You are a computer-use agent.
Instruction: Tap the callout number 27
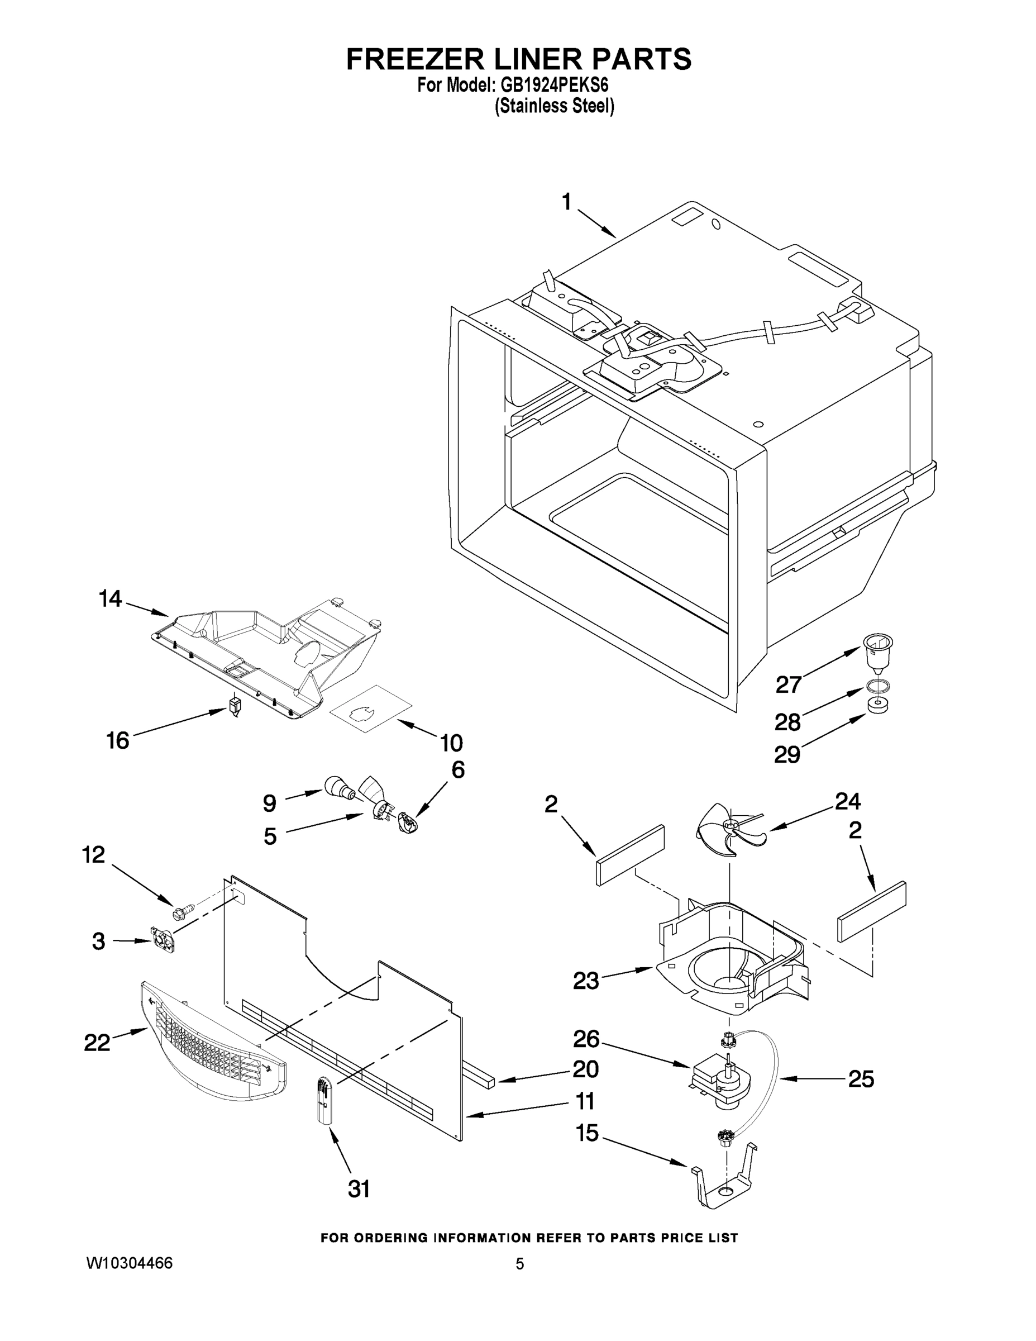click(x=789, y=684)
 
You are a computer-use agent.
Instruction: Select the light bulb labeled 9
click(x=340, y=787)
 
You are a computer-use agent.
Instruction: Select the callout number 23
click(x=585, y=981)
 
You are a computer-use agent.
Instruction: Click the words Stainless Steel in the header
click(x=554, y=106)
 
